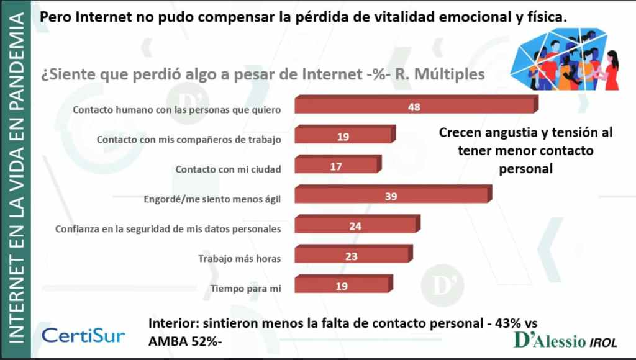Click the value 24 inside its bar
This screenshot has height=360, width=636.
[x=355, y=226]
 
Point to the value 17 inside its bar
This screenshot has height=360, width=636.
[x=335, y=166]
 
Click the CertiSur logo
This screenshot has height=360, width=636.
[x=83, y=335]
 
